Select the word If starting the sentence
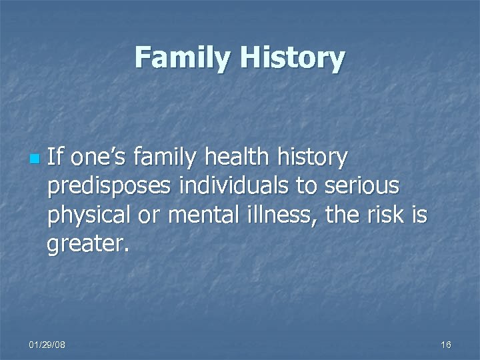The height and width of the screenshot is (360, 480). click(55, 158)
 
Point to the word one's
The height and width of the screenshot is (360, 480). click(99, 158)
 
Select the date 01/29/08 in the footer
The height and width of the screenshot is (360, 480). click(47, 345)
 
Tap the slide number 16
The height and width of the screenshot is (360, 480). click(446, 345)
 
